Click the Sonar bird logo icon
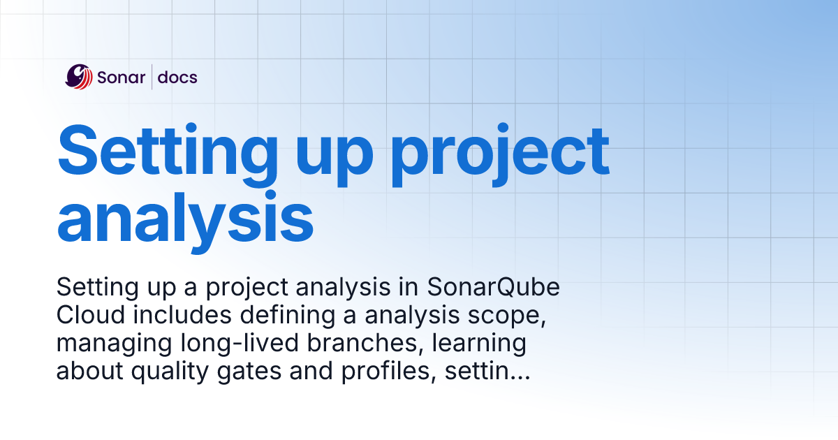click(x=78, y=77)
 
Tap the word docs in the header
click(x=177, y=77)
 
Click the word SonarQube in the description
click(x=493, y=287)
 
